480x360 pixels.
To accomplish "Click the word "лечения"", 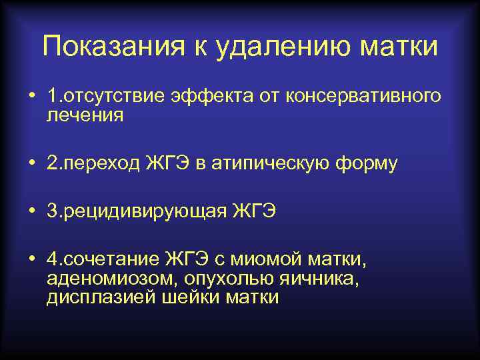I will [x=85, y=115].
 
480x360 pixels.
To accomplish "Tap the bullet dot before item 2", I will [x=31, y=163].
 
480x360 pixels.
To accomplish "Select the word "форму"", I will [x=368, y=163].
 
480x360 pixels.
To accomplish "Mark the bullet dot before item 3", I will [x=31, y=211].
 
